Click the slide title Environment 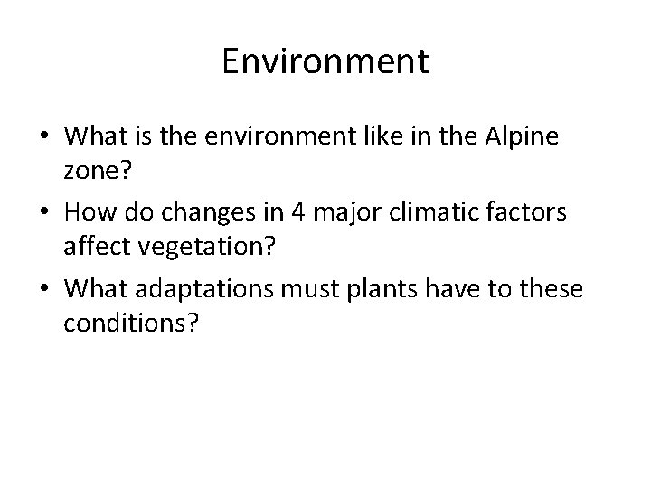[x=325, y=62]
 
